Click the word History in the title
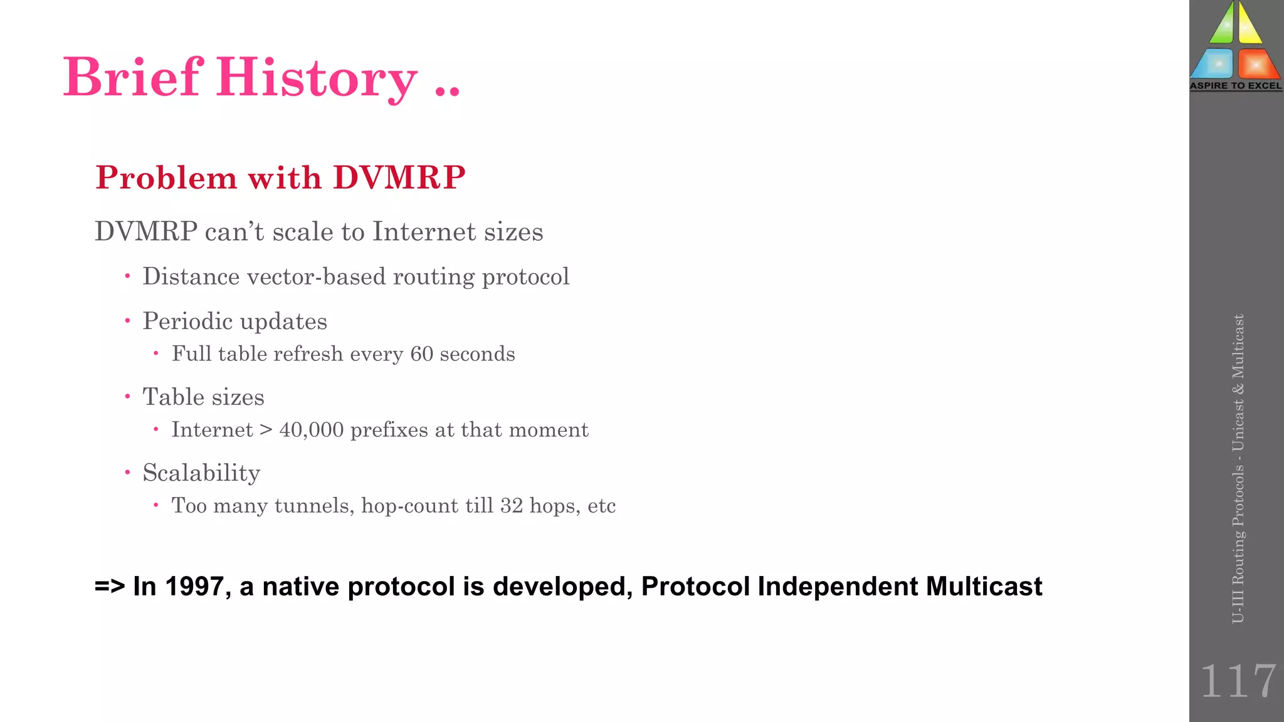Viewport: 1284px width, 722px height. coord(317,78)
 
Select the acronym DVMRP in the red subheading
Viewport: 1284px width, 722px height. coord(399,177)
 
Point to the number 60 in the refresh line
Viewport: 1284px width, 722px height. coord(421,354)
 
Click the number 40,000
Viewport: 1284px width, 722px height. coord(312,430)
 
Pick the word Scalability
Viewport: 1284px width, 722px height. coord(201,473)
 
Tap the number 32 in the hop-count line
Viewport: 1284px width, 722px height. coord(511,506)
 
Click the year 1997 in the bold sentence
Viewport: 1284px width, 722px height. coord(194,587)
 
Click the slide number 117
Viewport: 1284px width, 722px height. coord(1238,681)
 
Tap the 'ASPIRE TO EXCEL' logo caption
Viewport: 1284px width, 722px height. coord(1236,86)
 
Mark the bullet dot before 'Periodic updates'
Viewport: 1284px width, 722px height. coord(127,321)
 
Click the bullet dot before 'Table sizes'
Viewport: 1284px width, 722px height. coord(127,397)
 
